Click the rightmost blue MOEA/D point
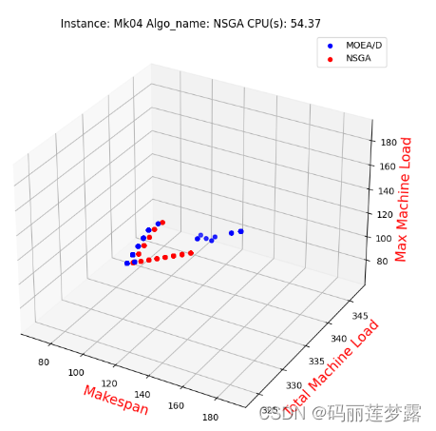pos(241,231)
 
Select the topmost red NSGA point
pos(162,223)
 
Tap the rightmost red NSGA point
pos(191,252)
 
